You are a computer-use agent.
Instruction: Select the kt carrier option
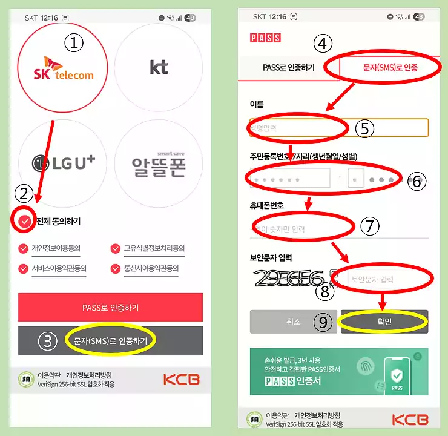[x=159, y=67]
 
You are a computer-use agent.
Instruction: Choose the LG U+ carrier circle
[x=62, y=162]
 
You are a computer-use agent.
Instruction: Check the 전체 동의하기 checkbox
[x=24, y=222]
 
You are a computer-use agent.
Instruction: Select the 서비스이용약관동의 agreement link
[x=59, y=268]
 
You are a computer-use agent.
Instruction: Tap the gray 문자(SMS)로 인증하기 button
[x=110, y=341]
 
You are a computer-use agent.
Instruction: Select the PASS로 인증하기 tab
[x=289, y=67]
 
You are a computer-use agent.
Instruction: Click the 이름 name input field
[x=339, y=128]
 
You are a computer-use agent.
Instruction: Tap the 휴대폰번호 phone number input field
[x=339, y=229]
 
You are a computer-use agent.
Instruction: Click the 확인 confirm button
[x=384, y=322]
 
